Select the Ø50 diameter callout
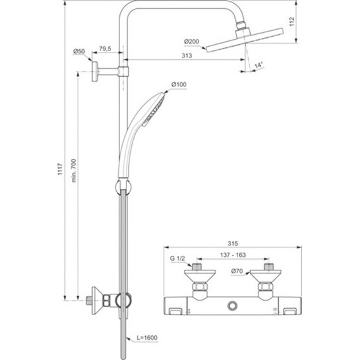[x=79, y=51]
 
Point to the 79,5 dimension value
[x=106, y=49]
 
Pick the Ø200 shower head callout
[x=192, y=42]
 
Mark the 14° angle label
[x=258, y=65]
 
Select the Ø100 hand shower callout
[x=179, y=85]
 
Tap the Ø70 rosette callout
[x=238, y=272]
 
